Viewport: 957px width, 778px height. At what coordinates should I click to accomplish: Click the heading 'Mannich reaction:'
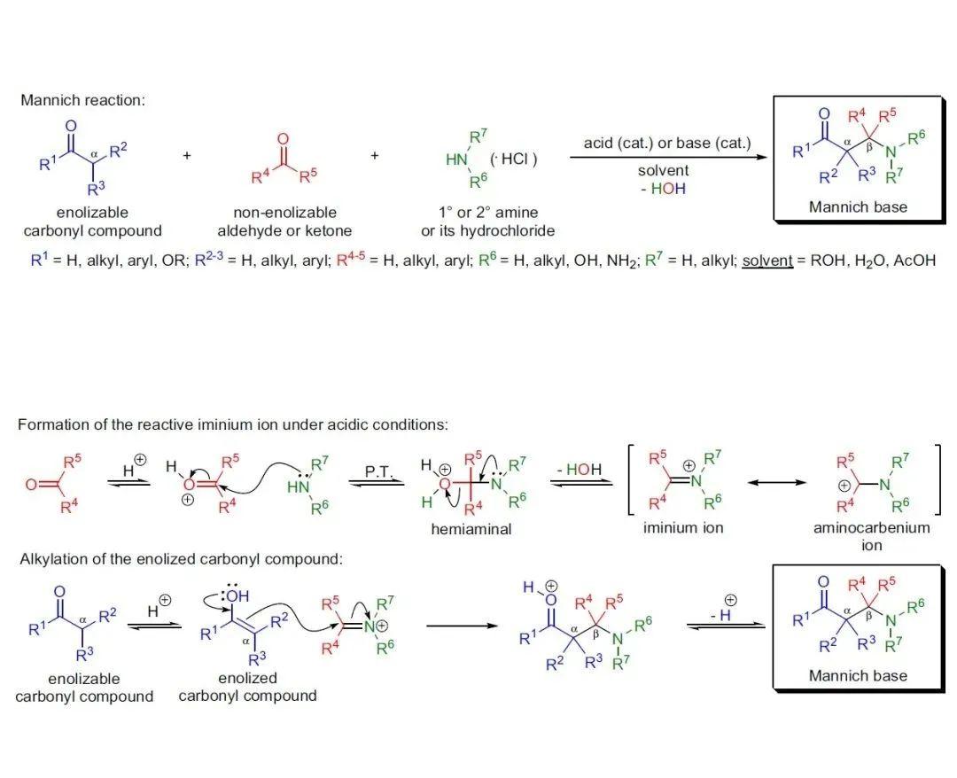tap(83, 100)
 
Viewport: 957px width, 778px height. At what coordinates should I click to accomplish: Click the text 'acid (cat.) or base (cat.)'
tap(667, 143)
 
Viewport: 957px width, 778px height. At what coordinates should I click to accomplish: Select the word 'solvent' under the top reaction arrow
tap(663, 170)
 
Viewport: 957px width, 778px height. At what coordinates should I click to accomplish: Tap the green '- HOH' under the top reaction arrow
tap(663, 189)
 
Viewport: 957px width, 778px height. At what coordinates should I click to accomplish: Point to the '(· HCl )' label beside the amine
tap(513, 159)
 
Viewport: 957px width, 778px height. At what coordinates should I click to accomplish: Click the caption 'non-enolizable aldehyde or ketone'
tap(284, 222)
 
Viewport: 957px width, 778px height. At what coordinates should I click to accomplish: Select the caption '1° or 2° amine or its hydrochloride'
tap(487, 222)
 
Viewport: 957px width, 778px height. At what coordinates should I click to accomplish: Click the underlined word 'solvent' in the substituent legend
tap(767, 261)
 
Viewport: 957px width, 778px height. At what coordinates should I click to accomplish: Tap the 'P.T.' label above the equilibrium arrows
tap(378, 471)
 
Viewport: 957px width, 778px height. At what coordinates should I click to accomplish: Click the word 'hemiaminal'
tap(471, 529)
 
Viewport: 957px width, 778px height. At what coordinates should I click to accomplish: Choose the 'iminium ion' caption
tap(683, 528)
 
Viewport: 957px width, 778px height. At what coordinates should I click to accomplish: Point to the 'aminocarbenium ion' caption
tap(872, 536)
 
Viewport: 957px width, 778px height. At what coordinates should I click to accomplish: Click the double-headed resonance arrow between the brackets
tap(776, 483)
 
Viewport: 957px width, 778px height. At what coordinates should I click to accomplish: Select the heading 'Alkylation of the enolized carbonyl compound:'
tap(182, 559)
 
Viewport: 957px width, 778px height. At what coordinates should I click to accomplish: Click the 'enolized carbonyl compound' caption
tap(248, 687)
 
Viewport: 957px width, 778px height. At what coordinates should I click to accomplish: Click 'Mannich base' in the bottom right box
tap(858, 675)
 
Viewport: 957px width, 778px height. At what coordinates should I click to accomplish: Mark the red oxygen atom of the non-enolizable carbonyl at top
tap(283, 139)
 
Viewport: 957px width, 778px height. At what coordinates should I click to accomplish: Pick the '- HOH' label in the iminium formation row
tap(580, 470)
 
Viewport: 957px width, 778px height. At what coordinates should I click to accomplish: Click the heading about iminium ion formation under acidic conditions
tap(232, 424)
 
